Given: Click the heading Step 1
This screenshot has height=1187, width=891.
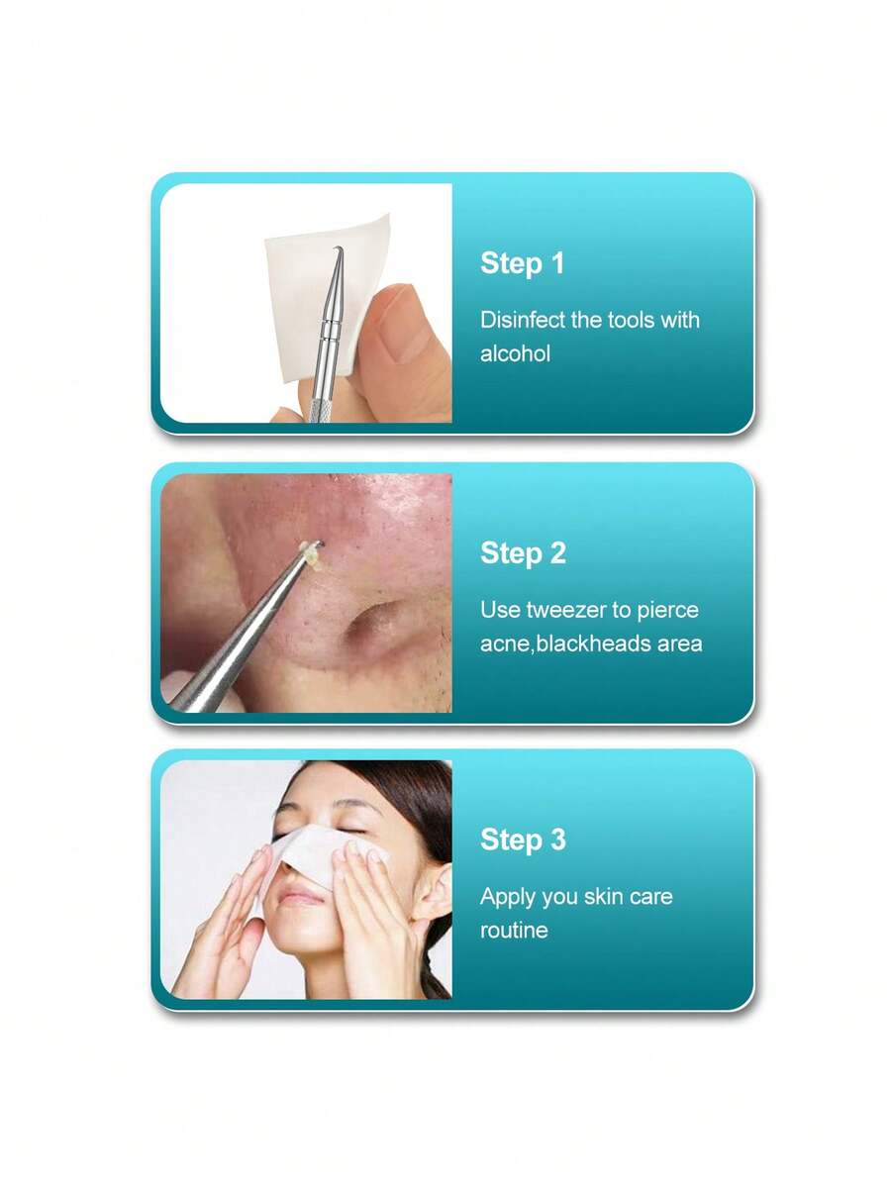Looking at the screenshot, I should click(x=522, y=263).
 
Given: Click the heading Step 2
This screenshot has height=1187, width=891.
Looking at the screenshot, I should click(x=523, y=553).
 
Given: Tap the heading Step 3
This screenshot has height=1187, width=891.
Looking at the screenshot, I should click(x=523, y=840).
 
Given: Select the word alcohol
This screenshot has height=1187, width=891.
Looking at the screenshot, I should click(x=515, y=353).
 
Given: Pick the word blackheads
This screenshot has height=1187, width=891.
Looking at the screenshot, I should click(x=591, y=643).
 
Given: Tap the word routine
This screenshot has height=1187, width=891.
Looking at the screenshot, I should click(x=514, y=931).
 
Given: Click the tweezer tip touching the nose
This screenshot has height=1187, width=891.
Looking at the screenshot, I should click(x=309, y=547).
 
